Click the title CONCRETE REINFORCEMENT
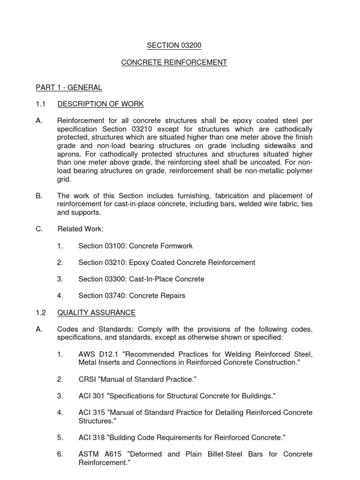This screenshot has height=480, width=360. [174, 62]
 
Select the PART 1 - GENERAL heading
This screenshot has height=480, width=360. [69, 87]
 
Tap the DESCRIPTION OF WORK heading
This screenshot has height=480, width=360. [100, 104]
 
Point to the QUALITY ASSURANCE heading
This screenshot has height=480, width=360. [96, 313]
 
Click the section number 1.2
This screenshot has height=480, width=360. [41, 313]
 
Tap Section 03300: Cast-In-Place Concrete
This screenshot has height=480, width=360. [141, 279]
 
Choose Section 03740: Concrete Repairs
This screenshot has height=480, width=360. [132, 296]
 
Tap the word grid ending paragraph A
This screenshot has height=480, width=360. [64, 179]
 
